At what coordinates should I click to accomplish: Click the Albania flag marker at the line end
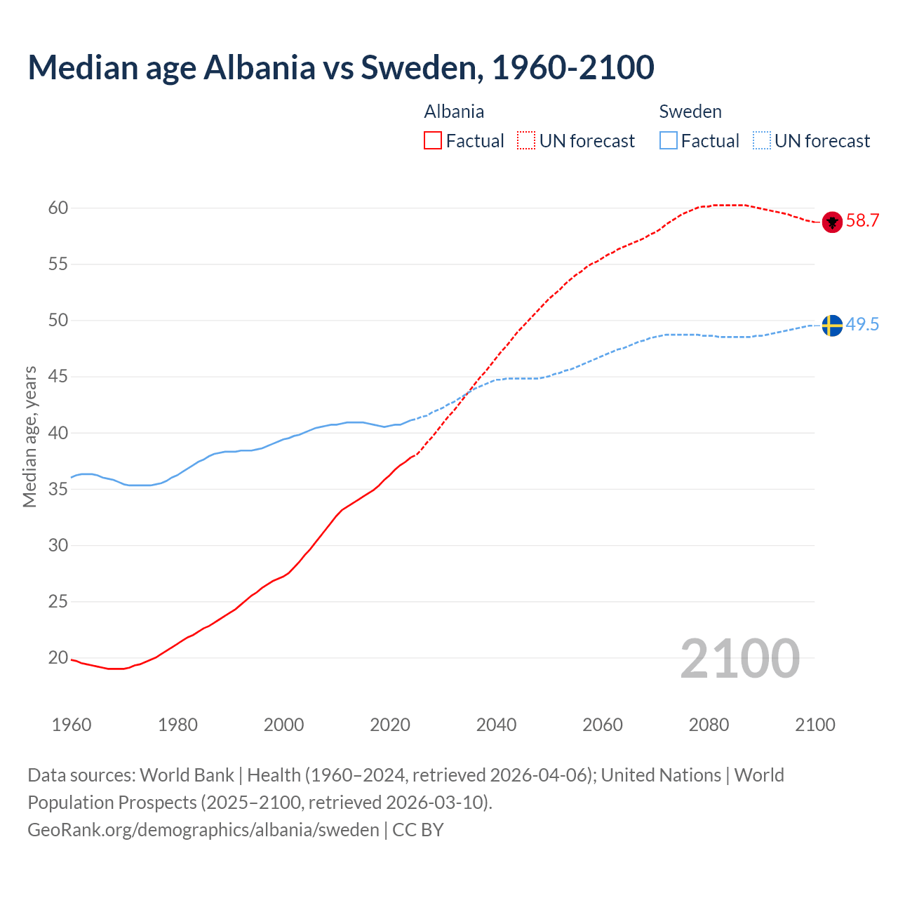click(832, 222)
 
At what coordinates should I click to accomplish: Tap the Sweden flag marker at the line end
click(832, 326)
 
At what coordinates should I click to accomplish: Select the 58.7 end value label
click(862, 221)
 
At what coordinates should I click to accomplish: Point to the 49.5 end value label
click(862, 324)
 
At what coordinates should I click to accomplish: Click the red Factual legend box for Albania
click(433, 141)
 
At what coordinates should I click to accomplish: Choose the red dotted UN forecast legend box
click(526, 141)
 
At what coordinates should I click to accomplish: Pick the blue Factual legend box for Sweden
click(669, 141)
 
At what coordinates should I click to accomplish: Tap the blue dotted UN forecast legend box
click(762, 141)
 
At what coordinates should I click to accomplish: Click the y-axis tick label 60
click(58, 208)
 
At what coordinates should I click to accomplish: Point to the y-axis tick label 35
click(58, 489)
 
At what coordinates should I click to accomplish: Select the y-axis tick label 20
click(58, 658)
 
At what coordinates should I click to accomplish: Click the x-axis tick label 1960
click(72, 725)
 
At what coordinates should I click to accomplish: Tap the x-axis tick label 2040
click(496, 725)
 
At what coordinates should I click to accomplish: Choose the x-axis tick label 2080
click(709, 725)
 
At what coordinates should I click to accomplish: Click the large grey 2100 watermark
click(740, 658)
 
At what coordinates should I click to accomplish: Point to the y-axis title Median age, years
click(29, 436)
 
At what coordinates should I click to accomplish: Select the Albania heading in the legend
click(454, 112)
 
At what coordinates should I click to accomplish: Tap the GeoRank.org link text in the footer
click(203, 830)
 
